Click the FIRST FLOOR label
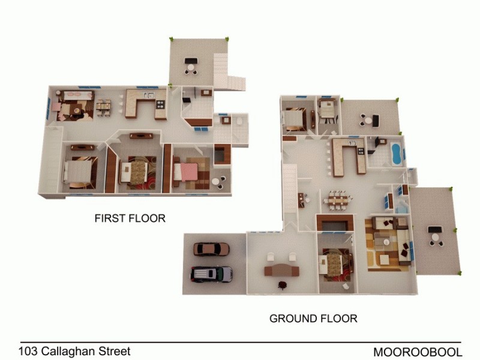(x=130, y=218)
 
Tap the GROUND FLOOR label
(x=313, y=318)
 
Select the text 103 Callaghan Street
(x=74, y=351)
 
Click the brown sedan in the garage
(x=212, y=249)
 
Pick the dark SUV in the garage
(x=211, y=274)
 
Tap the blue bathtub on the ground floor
(x=395, y=153)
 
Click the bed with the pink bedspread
(x=188, y=172)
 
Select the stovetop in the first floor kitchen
(x=160, y=106)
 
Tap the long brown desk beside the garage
(x=281, y=270)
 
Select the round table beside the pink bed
(x=216, y=181)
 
